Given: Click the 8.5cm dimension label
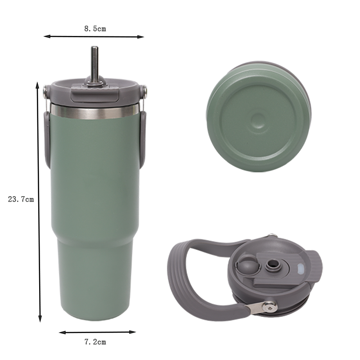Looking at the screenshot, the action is point(95,29).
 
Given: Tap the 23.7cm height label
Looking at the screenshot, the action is point(21,199).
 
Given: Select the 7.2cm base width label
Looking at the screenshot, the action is point(95,342).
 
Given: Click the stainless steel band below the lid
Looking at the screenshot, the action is point(94,112).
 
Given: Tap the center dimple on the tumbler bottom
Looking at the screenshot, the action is point(258,120).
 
